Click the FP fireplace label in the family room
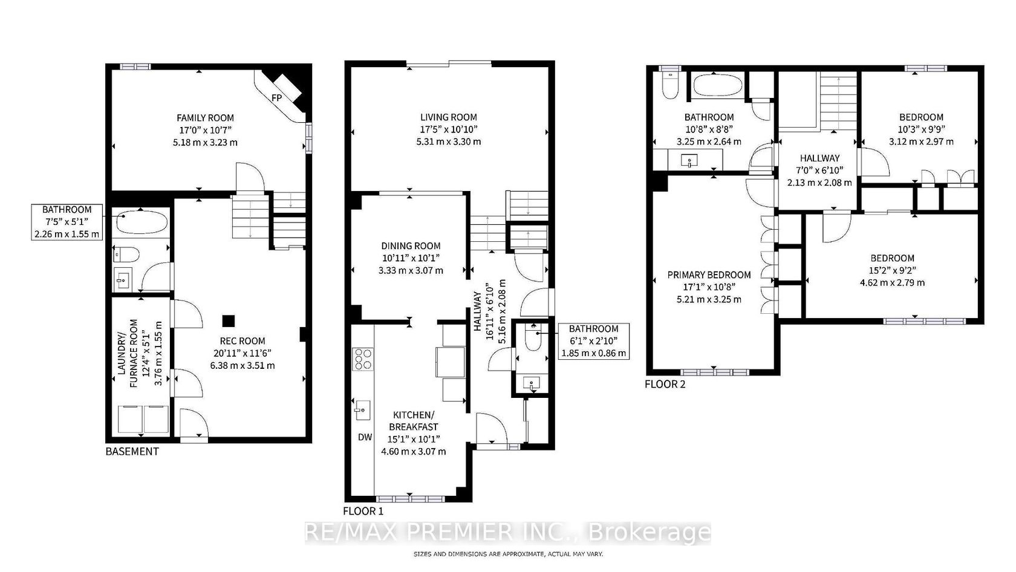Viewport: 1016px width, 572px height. click(277, 97)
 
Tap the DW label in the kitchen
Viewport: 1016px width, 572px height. click(365, 437)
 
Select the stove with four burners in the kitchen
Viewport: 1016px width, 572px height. click(363, 359)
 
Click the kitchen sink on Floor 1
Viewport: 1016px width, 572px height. click(362, 410)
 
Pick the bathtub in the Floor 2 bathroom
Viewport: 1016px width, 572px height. click(717, 86)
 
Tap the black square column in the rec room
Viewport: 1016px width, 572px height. click(229, 321)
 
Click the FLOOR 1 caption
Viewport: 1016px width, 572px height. click(363, 511)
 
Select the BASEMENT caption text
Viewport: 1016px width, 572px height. click(132, 451)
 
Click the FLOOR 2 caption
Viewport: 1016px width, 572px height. click(665, 385)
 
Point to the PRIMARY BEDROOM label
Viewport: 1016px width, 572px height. click(709, 275)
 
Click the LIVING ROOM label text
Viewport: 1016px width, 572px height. click(449, 117)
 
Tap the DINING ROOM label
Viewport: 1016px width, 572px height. click(411, 246)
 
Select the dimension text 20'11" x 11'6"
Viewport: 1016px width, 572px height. click(243, 353)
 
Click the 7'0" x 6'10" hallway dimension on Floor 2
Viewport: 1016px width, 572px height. click(819, 171)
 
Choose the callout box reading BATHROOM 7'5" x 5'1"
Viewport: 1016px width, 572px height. click(67, 223)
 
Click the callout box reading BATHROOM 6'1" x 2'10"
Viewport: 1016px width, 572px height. click(594, 341)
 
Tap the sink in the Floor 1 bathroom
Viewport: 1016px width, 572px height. click(532, 384)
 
